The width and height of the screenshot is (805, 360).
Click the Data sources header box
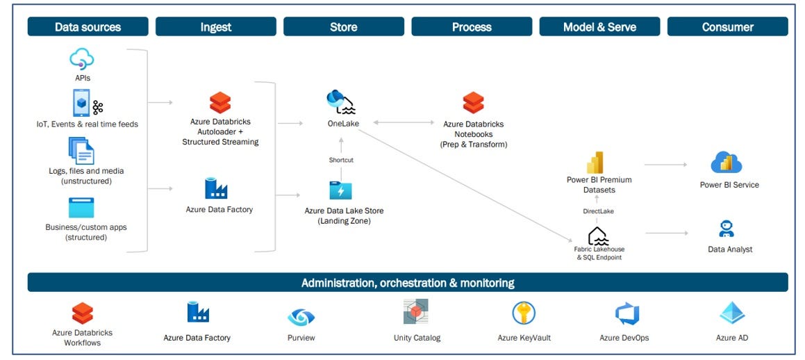pos(88,27)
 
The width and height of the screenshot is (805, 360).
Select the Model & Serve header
pos(599,27)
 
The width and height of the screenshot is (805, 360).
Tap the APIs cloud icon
pos(82,58)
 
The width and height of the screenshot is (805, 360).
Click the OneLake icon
pos(340,102)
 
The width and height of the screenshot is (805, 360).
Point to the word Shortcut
pos(340,160)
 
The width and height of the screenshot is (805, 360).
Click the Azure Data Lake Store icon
pos(340,190)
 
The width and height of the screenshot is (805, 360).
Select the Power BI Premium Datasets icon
pos(595,162)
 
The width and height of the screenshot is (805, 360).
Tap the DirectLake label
pos(597,211)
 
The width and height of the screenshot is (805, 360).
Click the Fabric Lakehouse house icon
pos(598,236)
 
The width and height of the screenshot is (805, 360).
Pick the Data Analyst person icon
pos(727,229)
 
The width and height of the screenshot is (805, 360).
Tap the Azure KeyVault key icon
pos(523,313)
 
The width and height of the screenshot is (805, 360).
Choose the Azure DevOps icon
pos(626,314)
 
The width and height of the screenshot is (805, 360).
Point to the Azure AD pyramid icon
pos(732,313)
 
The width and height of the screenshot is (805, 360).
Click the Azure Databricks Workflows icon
pos(83,313)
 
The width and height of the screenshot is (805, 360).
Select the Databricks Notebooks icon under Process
pos(473,103)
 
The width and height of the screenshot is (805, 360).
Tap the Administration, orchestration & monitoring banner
pos(408,283)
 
